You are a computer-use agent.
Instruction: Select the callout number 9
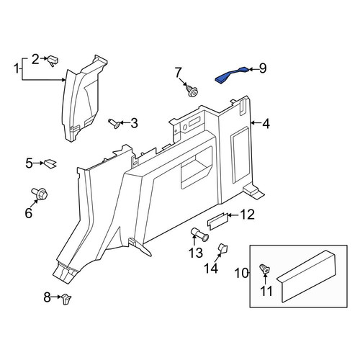263,68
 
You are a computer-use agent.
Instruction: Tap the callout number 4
266,124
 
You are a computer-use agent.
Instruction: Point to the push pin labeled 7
192,91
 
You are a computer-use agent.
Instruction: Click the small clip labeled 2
53,61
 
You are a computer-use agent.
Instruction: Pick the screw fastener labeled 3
114,123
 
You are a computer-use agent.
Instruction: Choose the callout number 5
29,163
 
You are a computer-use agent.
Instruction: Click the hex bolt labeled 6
40,194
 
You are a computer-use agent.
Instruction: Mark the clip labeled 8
66,299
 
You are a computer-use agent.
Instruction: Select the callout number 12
247,215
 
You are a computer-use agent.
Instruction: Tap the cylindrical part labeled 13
199,235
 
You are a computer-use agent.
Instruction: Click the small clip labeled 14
222,248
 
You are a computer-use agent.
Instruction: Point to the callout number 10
241,273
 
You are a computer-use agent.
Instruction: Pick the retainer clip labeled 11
265,269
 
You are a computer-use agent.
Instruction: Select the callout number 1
17,68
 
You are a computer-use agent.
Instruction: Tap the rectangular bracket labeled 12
217,221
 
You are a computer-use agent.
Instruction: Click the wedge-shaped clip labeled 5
50,163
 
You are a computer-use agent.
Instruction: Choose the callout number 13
196,253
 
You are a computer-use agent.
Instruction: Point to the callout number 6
28,213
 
